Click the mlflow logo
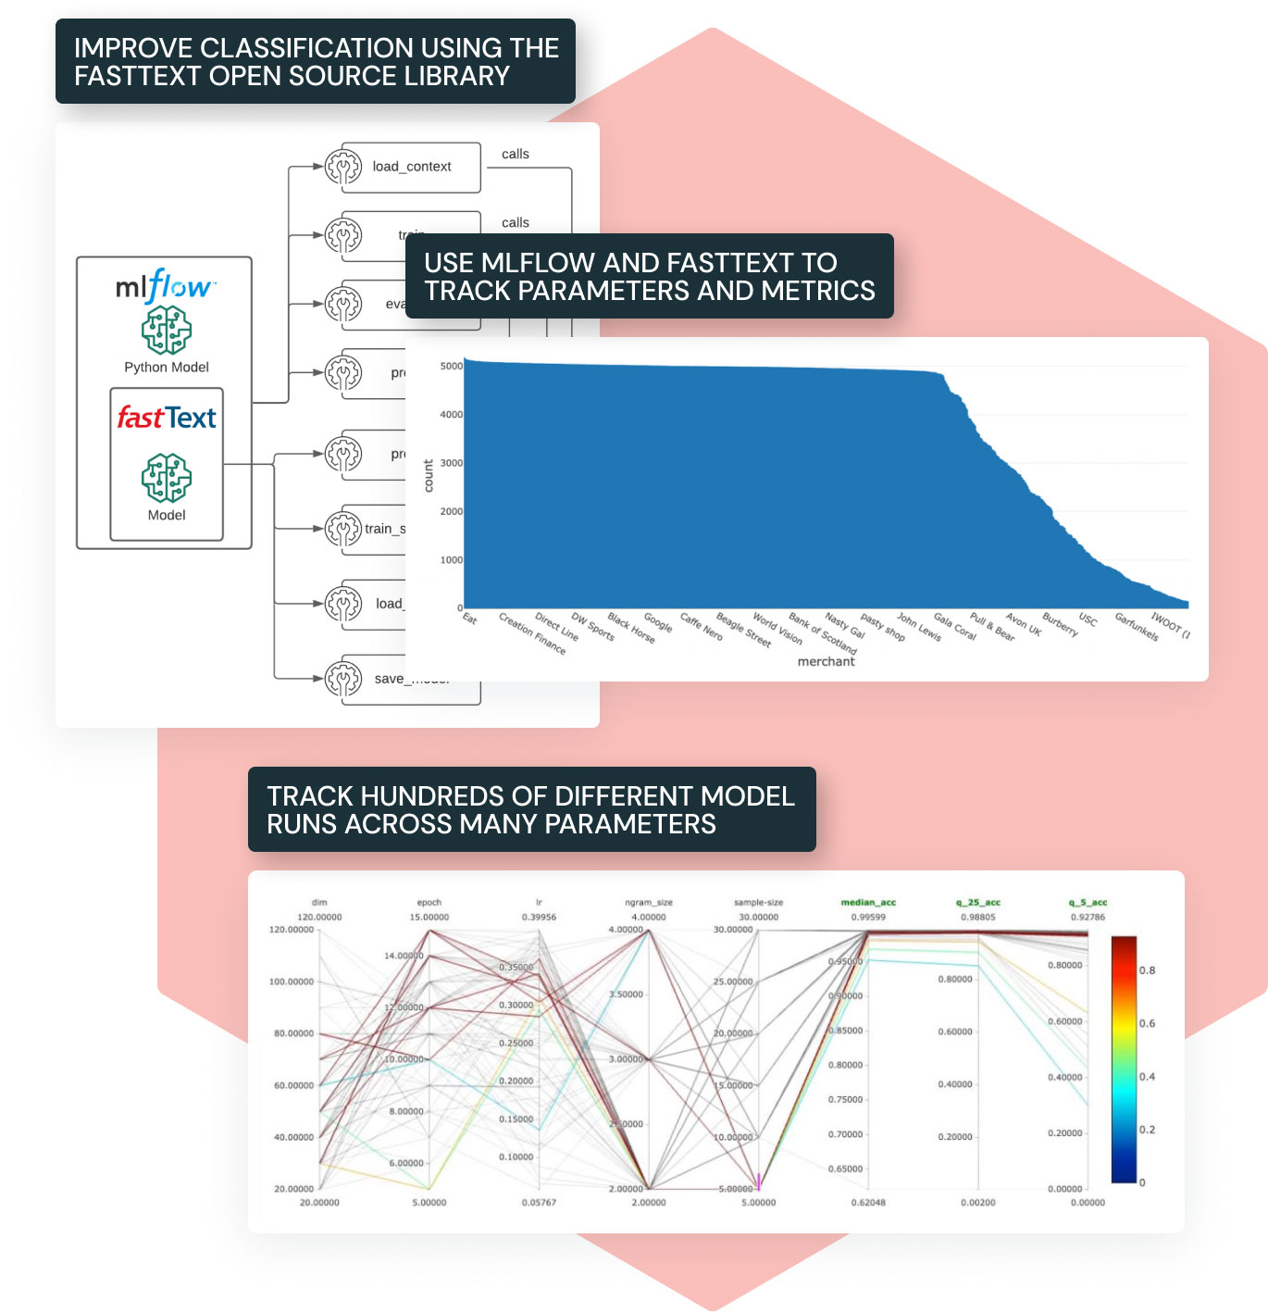point(166,286)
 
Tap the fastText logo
point(167,418)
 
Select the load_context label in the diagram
point(412,167)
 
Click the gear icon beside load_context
point(343,168)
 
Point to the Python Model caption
point(167,368)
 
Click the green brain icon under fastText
point(167,478)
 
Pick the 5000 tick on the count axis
point(451,367)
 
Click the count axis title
point(429,475)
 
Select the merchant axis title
point(826,661)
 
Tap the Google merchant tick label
point(658,622)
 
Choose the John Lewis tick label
point(919,627)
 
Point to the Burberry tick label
point(1060,624)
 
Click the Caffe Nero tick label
point(702,626)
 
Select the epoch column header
point(429,902)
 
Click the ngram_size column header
point(649,902)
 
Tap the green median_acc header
point(868,902)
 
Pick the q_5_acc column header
point(1088,902)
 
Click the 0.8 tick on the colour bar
point(1147,970)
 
